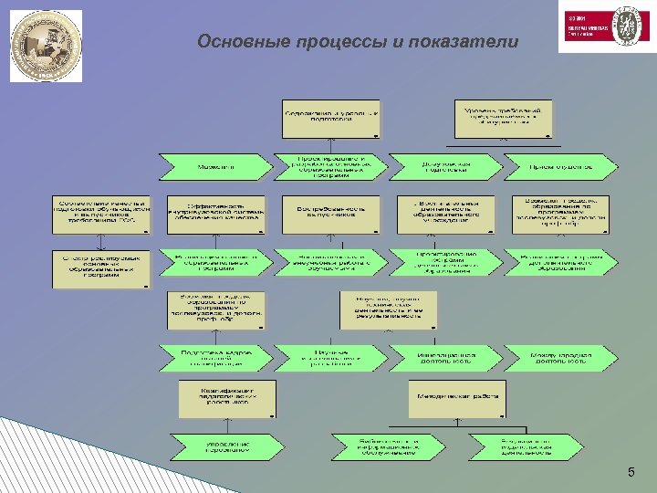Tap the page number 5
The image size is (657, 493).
[x=630, y=471]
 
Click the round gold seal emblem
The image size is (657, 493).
[x=45, y=46]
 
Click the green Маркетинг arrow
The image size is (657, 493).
[x=215, y=167]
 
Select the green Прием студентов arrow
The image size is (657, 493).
[x=560, y=166]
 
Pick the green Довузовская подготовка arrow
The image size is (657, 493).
[x=444, y=166]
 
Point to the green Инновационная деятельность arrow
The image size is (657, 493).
[x=444, y=357]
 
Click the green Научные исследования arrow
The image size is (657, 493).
[x=330, y=357]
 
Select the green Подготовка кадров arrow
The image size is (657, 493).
[x=215, y=357]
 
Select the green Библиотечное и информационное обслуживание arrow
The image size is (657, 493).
[x=388, y=446]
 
